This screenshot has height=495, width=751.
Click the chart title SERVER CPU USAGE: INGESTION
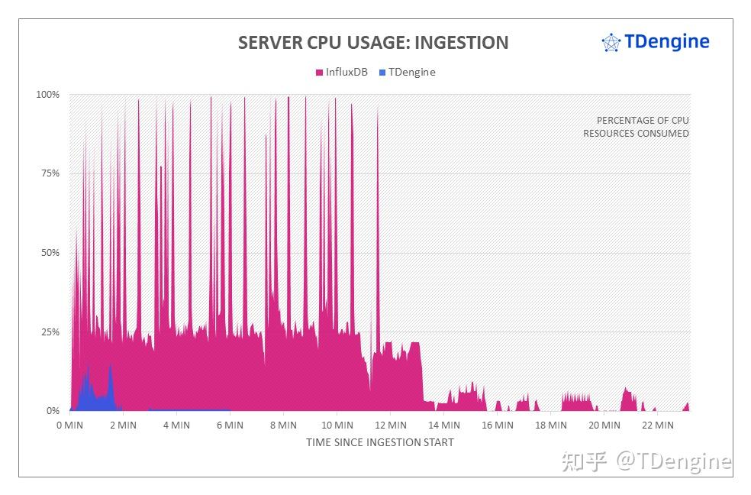(372, 43)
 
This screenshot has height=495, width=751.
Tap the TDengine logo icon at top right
(611, 43)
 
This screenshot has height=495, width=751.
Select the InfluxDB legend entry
(341, 73)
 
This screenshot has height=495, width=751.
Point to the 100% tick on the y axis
(48, 95)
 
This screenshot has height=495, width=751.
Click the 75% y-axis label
(50, 173)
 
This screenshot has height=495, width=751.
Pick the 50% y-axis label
(50, 253)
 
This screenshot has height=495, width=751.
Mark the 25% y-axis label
(50, 332)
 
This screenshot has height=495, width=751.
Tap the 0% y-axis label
(52, 411)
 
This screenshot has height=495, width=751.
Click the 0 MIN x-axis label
(70, 425)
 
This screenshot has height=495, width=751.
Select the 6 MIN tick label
(230, 425)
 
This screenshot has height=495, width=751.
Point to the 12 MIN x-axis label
(391, 425)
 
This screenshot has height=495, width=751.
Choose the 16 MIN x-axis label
(498, 425)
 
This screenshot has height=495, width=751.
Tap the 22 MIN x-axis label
(659, 425)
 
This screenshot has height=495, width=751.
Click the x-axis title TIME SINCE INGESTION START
(379, 442)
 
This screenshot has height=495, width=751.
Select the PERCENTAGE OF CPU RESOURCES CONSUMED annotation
(636, 127)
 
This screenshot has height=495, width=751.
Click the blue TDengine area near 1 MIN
(90, 394)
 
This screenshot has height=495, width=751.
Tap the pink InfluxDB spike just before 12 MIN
(377, 229)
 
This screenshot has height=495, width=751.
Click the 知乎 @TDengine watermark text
(646, 461)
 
